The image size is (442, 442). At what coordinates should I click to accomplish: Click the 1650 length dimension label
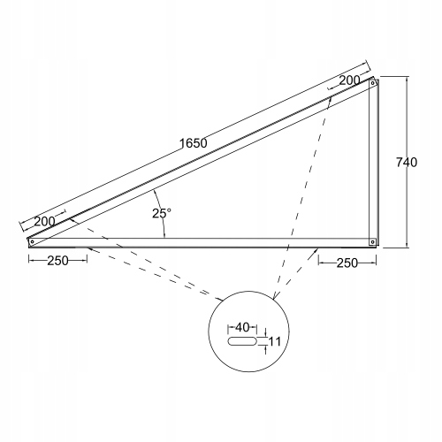194,143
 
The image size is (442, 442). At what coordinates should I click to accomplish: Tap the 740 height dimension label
407,163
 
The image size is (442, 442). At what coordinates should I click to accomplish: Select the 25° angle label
162,213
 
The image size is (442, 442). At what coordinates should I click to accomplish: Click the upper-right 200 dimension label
349,80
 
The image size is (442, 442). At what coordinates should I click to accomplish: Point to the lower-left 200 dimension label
44,221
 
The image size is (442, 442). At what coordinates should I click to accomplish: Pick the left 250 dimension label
57,261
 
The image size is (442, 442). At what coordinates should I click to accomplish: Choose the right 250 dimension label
347,263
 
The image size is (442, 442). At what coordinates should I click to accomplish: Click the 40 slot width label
242,327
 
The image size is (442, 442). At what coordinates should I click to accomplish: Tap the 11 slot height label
275,342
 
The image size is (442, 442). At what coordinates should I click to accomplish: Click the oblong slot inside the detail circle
242,341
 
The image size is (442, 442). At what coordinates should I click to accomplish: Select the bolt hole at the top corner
373,83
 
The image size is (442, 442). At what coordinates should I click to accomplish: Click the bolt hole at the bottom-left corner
32,242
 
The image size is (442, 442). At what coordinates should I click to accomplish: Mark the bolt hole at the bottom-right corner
373,242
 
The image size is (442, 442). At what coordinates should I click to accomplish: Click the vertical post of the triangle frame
373,162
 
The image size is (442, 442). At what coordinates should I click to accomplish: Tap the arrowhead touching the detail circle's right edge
275,296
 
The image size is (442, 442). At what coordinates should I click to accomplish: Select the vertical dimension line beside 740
407,162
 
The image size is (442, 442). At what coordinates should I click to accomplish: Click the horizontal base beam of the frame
202,242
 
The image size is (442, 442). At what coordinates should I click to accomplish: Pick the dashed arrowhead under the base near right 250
316,251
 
